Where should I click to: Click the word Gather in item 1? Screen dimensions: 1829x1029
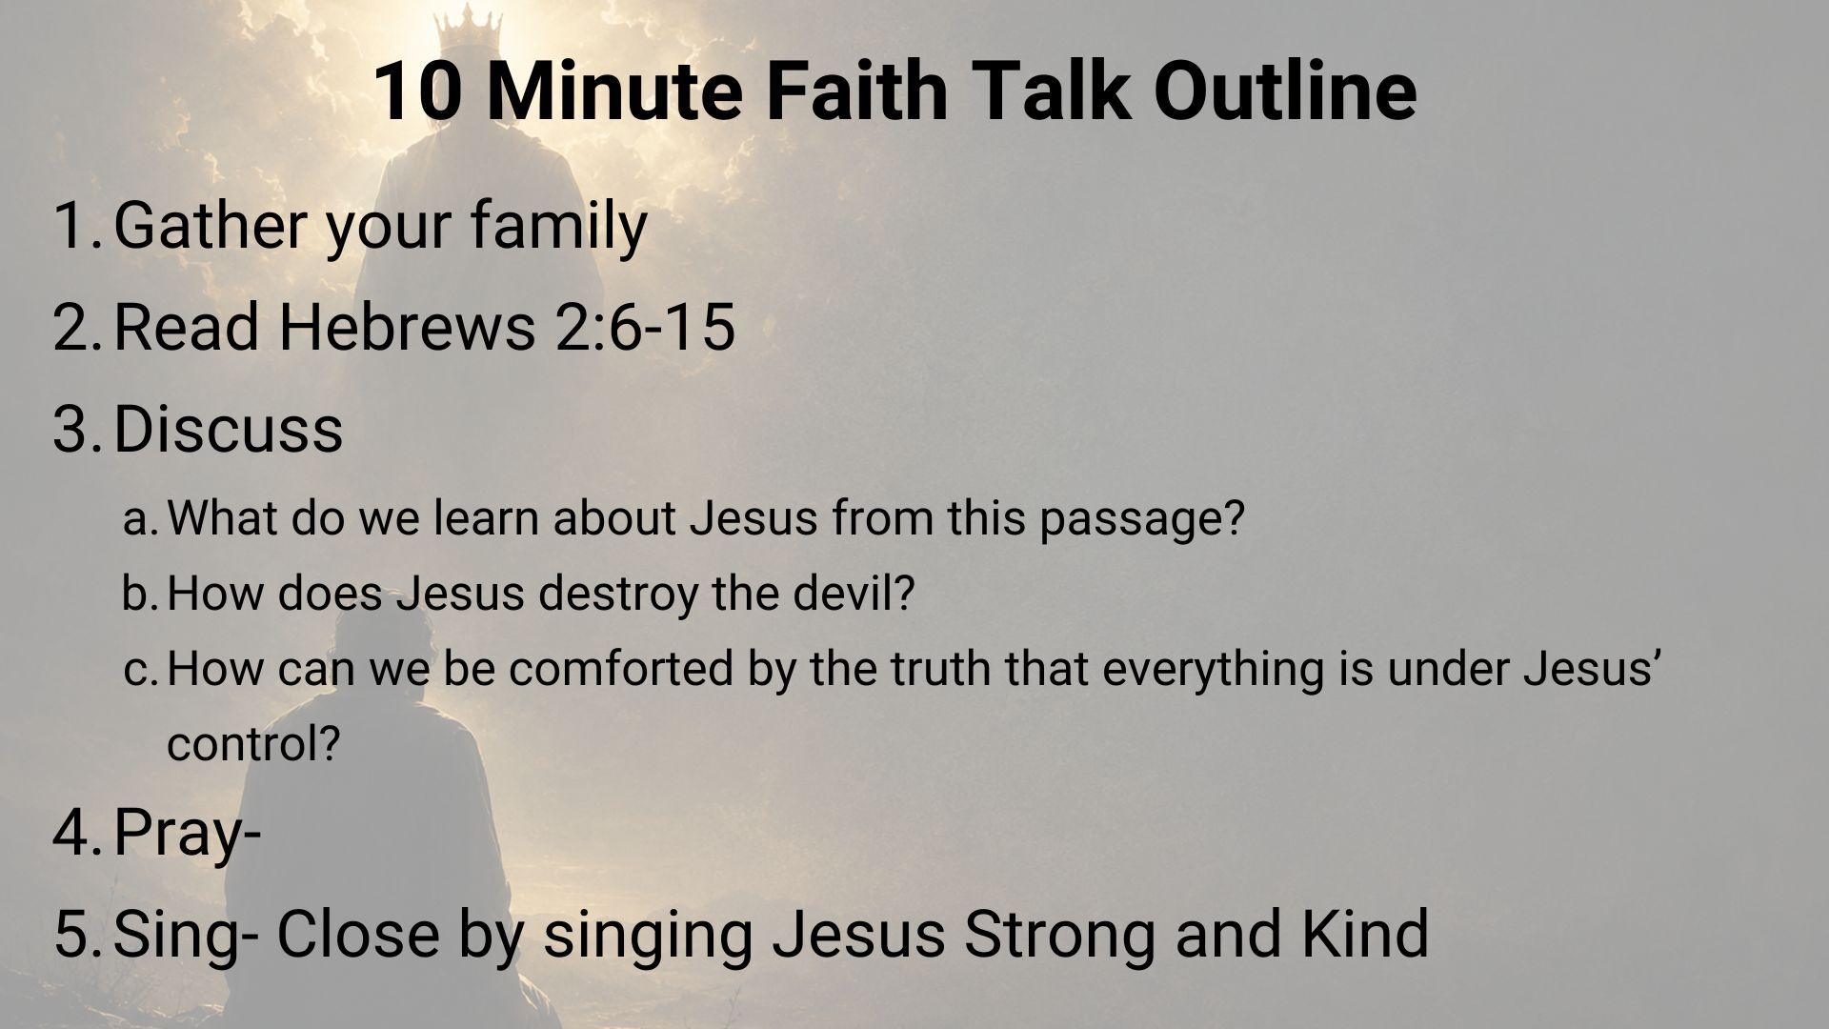(211, 226)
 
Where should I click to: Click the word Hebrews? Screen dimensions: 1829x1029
(407, 327)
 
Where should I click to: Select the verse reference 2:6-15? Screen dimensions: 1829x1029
(645, 328)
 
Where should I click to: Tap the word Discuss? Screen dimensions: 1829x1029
(228, 429)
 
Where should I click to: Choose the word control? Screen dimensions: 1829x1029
(252, 744)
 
